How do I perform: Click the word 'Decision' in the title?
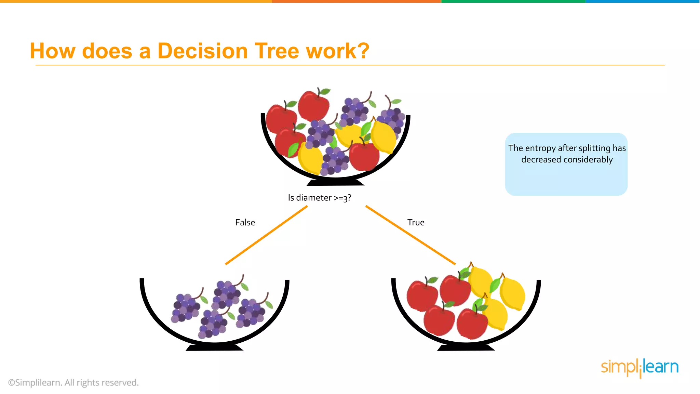click(202, 51)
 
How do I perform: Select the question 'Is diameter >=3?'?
click(319, 198)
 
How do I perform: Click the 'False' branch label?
click(245, 222)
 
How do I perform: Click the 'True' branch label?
click(416, 222)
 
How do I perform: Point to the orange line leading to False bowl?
click(266, 235)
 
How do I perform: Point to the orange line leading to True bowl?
click(410, 235)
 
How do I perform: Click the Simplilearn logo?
click(640, 367)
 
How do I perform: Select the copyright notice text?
click(73, 382)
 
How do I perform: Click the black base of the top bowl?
click(335, 183)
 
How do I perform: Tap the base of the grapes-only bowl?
click(214, 347)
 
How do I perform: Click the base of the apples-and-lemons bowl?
click(466, 347)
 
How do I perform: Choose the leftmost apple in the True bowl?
click(422, 295)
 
